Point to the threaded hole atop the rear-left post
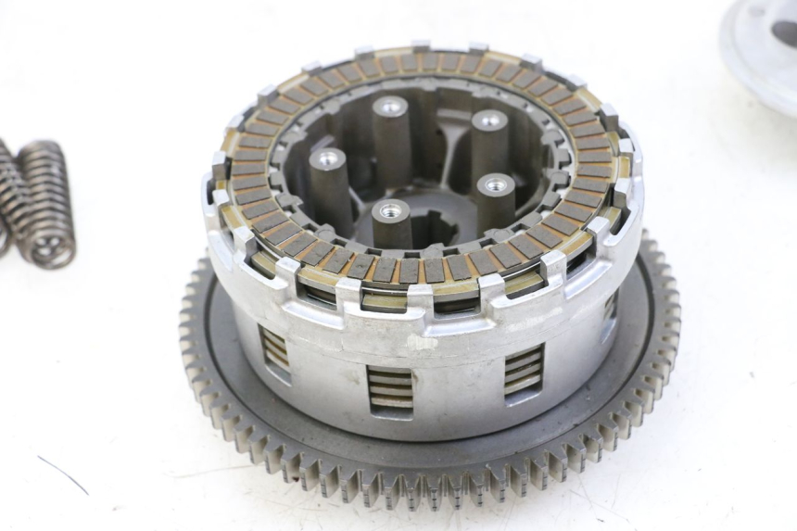pyautogui.click(x=390, y=107)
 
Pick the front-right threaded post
pyautogui.click(x=496, y=199)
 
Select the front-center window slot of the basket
pyautogui.click(x=390, y=387)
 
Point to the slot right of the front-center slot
pyautogui.click(x=524, y=369)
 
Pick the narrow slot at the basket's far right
pyautogui.click(x=611, y=307)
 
